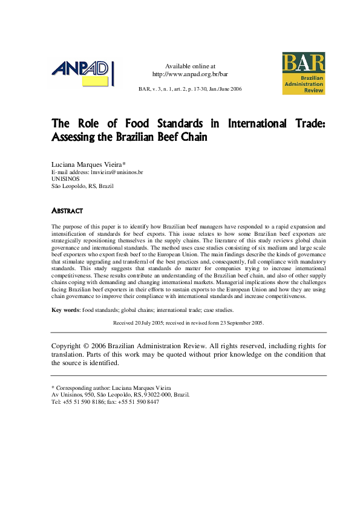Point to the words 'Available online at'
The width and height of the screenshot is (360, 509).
coord(190,66)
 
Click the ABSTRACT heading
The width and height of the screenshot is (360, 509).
coord(67,211)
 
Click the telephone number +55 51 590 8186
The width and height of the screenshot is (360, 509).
coord(82,401)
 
